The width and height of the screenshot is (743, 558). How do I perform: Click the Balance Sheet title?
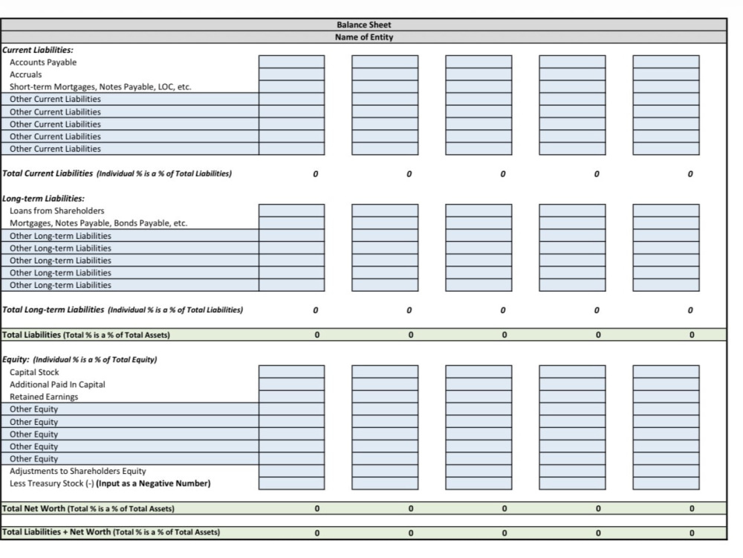pos(364,25)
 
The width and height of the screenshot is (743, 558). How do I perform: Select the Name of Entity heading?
pos(364,37)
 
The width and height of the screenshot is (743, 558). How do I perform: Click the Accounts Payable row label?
pos(43,62)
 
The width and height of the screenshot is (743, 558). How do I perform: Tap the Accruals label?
pos(25,74)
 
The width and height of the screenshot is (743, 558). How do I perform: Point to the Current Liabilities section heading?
pos(38,50)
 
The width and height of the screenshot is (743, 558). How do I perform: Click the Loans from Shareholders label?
pos(57,211)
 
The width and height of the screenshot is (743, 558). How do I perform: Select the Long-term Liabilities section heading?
pos(44,199)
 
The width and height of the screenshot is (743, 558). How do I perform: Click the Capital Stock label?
pos(34,372)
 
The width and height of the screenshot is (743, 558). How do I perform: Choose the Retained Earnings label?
pos(44,397)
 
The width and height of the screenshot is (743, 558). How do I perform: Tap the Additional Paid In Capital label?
pos(57,385)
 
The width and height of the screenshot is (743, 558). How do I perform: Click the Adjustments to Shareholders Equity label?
pos(78,471)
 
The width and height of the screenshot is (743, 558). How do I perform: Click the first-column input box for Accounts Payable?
pos(291,62)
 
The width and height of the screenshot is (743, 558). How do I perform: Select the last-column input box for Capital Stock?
pos(666,371)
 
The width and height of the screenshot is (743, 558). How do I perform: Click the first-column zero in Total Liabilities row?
pos(317,335)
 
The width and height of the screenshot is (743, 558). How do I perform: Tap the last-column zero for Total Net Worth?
pos(692,509)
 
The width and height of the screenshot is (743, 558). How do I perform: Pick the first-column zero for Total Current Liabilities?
pos(316,174)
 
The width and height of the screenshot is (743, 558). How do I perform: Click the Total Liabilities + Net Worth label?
pos(111,532)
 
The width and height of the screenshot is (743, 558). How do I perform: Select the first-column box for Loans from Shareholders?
pos(291,211)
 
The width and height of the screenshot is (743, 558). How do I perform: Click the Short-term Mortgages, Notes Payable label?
pos(100,87)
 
